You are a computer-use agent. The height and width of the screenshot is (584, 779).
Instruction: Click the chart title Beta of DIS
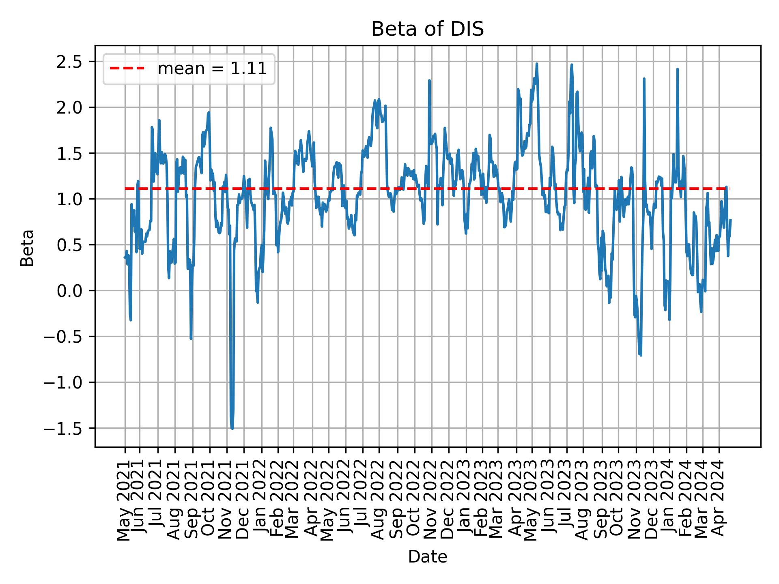(x=428, y=29)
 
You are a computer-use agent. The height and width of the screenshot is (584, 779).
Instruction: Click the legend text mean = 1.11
(x=212, y=69)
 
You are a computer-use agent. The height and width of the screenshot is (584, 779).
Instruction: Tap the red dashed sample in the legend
(x=127, y=69)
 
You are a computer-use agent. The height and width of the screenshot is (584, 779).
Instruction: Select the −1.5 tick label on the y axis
(x=65, y=428)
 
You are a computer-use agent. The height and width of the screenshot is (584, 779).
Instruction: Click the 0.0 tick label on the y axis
(x=70, y=291)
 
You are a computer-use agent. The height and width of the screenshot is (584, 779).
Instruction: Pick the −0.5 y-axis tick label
(x=65, y=337)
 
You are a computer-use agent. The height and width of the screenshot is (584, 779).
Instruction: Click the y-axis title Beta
(x=27, y=248)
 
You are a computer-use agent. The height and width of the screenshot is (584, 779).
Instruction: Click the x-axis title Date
(x=428, y=557)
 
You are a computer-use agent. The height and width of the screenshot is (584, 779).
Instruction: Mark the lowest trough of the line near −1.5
(x=232, y=428)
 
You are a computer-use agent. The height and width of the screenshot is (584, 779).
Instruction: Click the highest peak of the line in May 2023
(x=536, y=64)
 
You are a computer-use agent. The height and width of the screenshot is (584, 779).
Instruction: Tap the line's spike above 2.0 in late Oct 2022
(x=429, y=81)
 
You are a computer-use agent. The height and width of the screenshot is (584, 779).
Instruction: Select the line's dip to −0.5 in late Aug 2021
(x=191, y=338)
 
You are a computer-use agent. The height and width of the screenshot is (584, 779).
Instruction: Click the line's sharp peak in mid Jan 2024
(x=678, y=69)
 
